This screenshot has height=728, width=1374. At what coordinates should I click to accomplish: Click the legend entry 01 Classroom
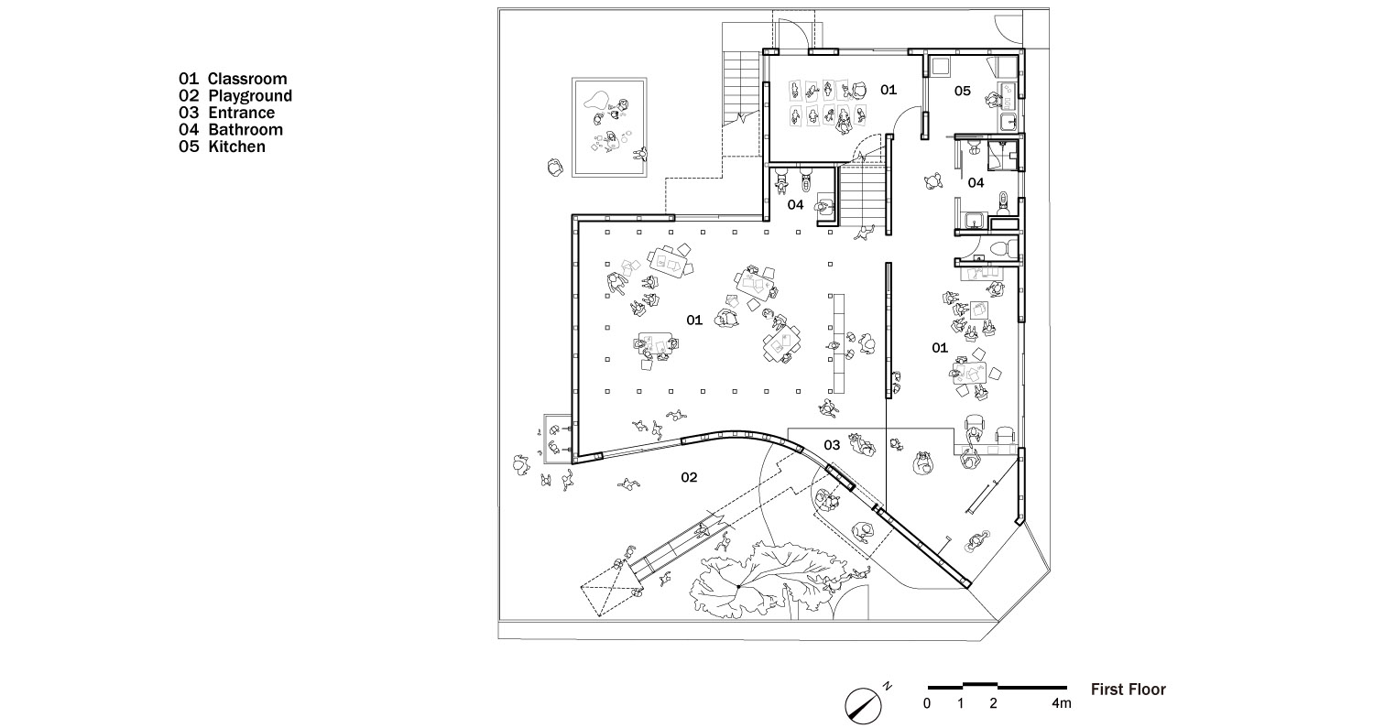(x=233, y=79)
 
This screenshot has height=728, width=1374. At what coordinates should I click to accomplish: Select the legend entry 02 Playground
(x=235, y=95)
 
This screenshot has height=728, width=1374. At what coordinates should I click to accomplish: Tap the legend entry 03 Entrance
(x=227, y=113)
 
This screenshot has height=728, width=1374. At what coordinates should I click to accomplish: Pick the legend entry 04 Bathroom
(x=231, y=129)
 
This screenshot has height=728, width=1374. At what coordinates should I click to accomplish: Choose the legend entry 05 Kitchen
(x=222, y=147)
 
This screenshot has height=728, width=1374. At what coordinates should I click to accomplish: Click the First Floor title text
(x=1128, y=690)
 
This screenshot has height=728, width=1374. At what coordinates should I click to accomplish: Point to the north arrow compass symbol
(x=863, y=706)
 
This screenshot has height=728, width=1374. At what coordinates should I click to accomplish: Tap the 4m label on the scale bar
(x=1061, y=703)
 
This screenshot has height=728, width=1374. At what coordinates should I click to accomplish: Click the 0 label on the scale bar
(x=927, y=703)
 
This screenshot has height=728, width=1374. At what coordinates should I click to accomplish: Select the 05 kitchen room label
(x=963, y=91)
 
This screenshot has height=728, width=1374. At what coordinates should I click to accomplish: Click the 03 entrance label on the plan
(x=832, y=445)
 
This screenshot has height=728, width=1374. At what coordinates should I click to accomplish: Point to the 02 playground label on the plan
(x=689, y=477)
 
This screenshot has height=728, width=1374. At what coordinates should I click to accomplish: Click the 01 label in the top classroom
(x=889, y=90)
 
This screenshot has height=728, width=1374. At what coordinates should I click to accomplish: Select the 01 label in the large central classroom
(x=694, y=320)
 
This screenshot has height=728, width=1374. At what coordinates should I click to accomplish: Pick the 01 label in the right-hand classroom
(x=940, y=348)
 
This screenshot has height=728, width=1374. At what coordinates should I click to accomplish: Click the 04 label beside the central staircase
(x=796, y=204)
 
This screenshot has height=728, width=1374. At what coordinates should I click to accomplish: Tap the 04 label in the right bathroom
(x=976, y=182)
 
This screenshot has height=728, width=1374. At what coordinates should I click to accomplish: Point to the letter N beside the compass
(x=888, y=686)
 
